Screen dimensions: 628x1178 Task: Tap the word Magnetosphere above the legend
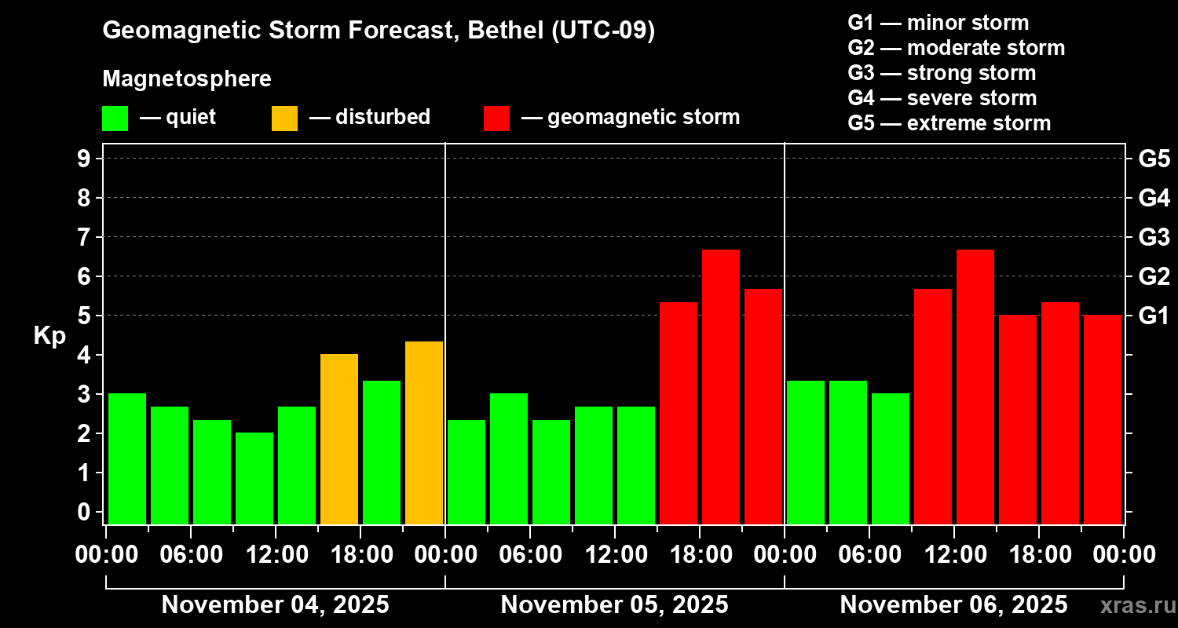pyautogui.click(x=187, y=79)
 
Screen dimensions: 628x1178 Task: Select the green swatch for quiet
pyautogui.click(x=115, y=118)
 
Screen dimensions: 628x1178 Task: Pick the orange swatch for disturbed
pyautogui.click(x=284, y=118)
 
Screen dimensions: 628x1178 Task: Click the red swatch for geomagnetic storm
pyautogui.click(x=496, y=118)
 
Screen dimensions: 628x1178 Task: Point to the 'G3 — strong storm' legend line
pyautogui.click(x=942, y=73)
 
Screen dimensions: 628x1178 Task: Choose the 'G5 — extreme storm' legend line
pyautogui.click(x=949, y=123)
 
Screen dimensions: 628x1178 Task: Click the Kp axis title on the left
pyautogui.click(x=49, y=336)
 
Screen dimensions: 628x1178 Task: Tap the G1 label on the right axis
pyautogui.click(x=1154, y=316)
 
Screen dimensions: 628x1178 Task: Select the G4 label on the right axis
pyautogui.click(x=1154, y=198)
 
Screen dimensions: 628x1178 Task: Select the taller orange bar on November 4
pyautogui.click(x=424, y=432)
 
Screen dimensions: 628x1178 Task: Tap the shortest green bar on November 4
pyautogui.click(x=254, y=477)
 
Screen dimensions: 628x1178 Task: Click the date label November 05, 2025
pyautogui.click(x=614, y=605)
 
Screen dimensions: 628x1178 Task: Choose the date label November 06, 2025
pyautogui.click(x=953, y=605)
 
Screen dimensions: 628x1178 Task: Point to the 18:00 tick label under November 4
pyautogui.click(x=360, y=555)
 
